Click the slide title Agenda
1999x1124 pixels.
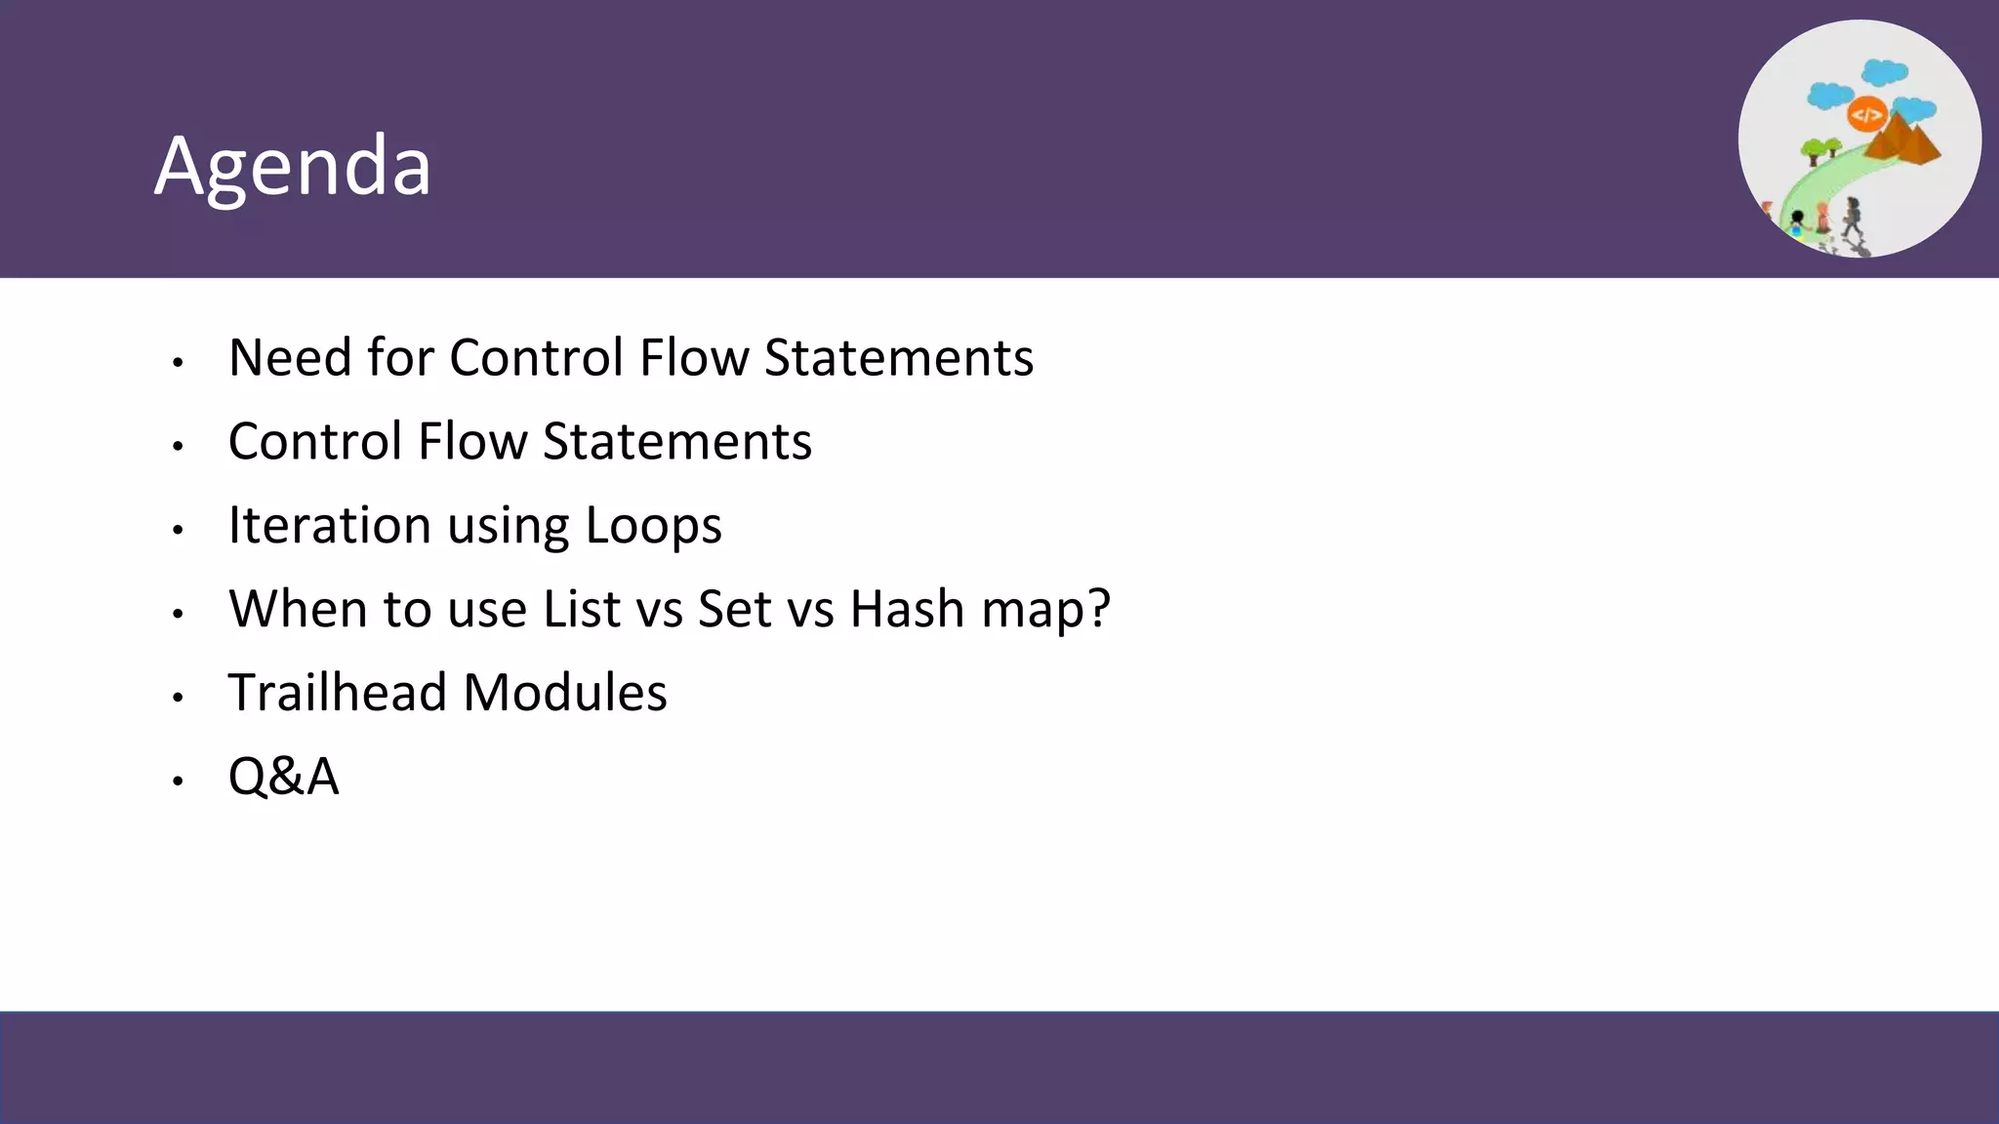(293, 166)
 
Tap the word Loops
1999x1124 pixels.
(653, 527)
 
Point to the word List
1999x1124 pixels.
(582, 609)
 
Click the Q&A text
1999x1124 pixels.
(283, 777)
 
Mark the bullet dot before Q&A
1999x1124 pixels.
(178, 781)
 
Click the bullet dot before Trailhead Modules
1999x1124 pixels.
(178, 697)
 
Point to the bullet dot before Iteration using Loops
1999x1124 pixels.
(178, 530)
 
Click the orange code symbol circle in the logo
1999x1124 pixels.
(1866, 115)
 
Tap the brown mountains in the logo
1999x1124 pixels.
(1903, 141)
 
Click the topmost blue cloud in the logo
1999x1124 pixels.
(1884, 72)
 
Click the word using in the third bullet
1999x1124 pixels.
(508, 527)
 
